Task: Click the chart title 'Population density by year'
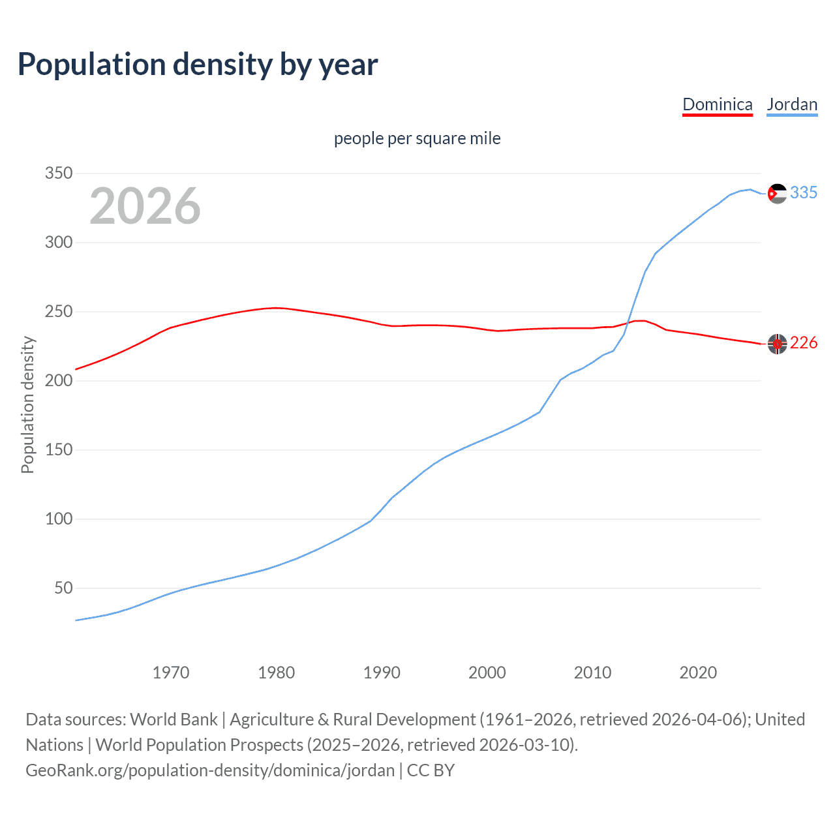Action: tap(198, 65)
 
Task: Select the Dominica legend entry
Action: tap(717, 104)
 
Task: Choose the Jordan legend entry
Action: tap(792, 104)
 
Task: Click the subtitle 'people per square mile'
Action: tap(417, 138)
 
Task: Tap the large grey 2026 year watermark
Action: tap(145, 206)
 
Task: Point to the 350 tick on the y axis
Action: tap(58, 174)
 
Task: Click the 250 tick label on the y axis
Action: tap(58, 312)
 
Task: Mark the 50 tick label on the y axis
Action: tap(63, 588)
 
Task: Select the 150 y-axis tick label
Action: tap(58, 450)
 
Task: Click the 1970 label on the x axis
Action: tap(171, 673)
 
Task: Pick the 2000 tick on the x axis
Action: tap(487, 673)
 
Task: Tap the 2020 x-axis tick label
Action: tap(698, 673)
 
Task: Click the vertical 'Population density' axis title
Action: tap(27, 404)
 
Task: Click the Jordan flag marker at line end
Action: tap(777, 194)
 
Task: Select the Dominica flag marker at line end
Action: tap(777, 344)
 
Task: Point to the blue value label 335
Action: tap(804, 193)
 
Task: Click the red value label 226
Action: tap(804, 343)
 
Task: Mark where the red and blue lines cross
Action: tap(628, 322)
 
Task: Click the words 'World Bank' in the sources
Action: tap(174, 720)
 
